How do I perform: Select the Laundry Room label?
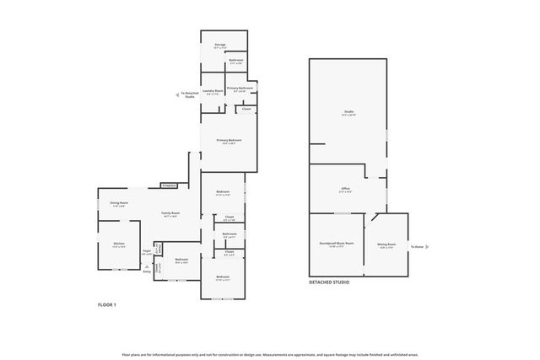tap(213, 91)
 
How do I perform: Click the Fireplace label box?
tap(168, 185)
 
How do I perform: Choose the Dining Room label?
tap(119, 203)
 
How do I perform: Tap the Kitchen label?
tap(119, 245)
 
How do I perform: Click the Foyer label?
tap(147, 251)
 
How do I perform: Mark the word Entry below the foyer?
tap(147, 271)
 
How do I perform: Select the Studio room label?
tap(348, 112)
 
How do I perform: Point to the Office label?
tap(346, 190)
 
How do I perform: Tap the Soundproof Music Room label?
tap(337, 244)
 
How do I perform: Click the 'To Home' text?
tap(418, 247)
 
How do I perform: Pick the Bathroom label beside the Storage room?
tap(237, 62)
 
